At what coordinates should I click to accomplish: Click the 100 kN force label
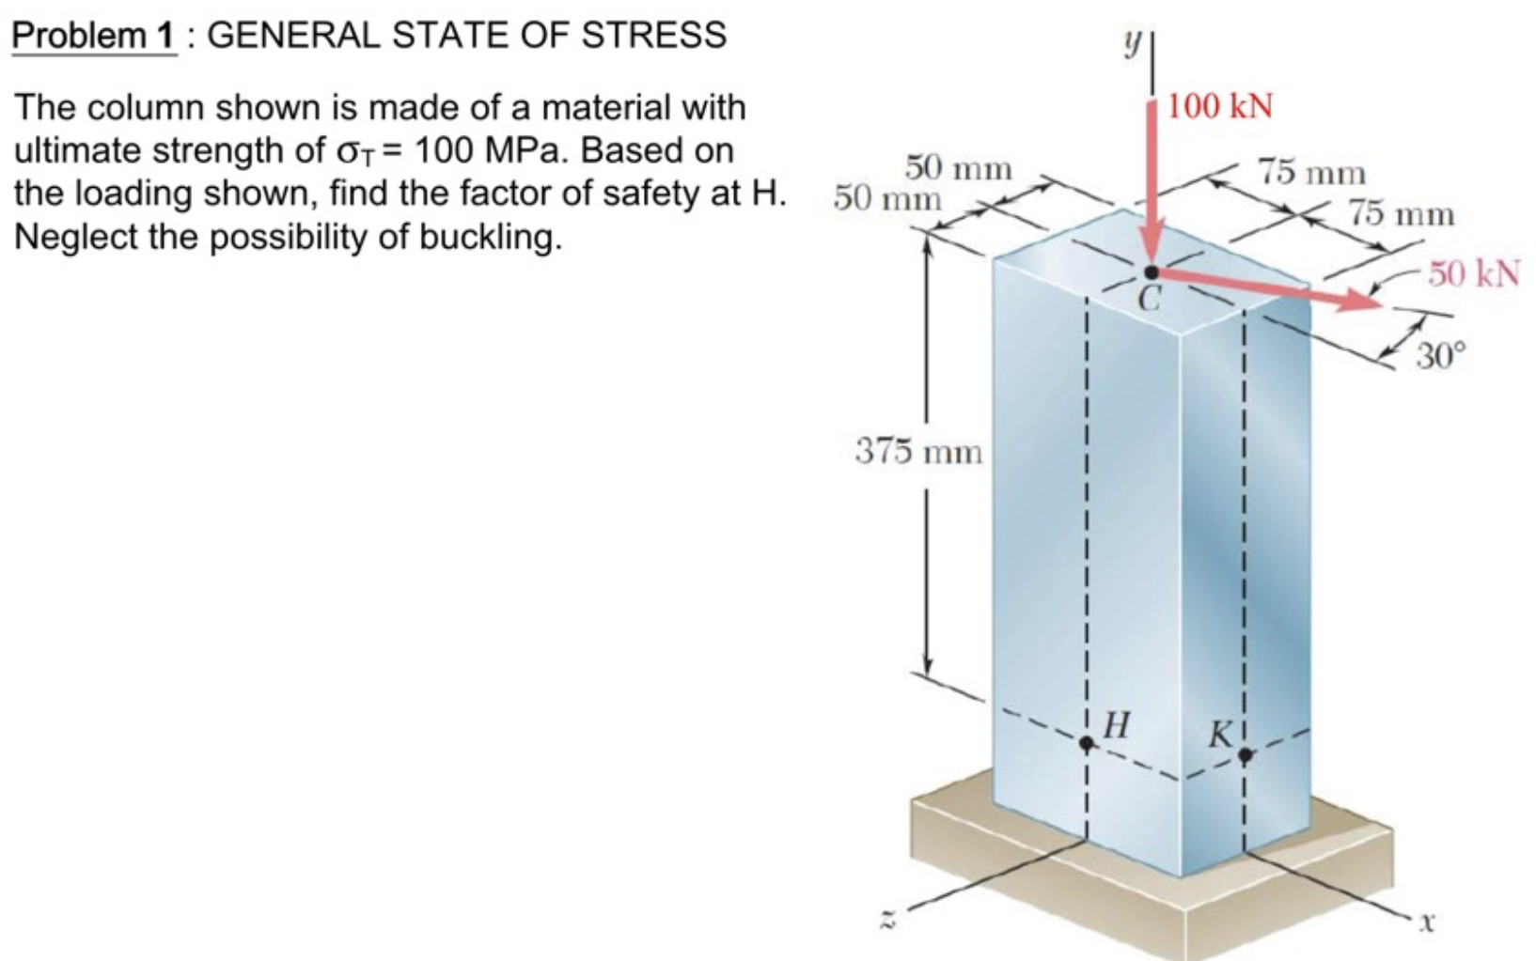(1220, 106)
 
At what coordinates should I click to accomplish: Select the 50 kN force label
(1473, 273)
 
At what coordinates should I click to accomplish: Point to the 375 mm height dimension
(918, 452)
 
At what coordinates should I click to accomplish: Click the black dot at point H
(1087, 743)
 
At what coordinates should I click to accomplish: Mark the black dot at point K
(1246, 754)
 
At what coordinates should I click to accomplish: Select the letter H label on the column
(1116, 724)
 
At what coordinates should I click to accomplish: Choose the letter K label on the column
(1220, 734)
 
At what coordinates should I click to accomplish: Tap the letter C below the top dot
(1149, 300)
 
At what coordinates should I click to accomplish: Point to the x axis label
(1427, 922)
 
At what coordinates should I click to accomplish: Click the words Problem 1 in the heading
(93, 36)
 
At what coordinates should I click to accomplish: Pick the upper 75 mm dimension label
(1312, 173)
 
